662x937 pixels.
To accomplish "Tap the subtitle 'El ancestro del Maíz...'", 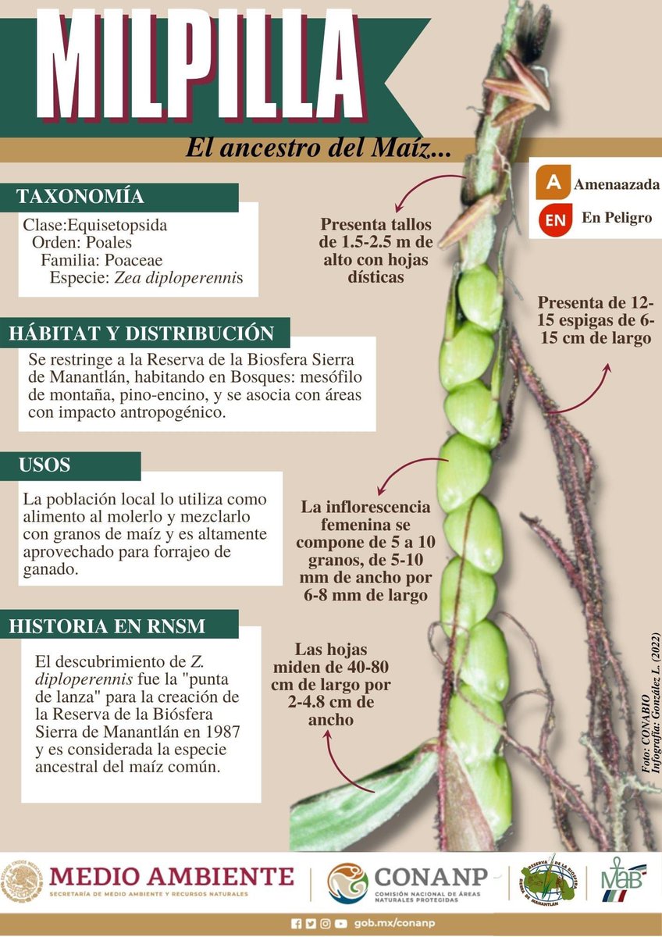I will (318, 148).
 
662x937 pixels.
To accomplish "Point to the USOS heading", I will (44, 465).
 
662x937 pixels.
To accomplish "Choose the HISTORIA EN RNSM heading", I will (107, 625).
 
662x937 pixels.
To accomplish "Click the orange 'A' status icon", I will (553, 183).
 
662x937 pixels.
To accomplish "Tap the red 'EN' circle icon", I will (555, 219).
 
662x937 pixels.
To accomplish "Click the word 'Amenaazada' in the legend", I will (617, 185).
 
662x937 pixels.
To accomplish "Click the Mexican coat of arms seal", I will (21, 882).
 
